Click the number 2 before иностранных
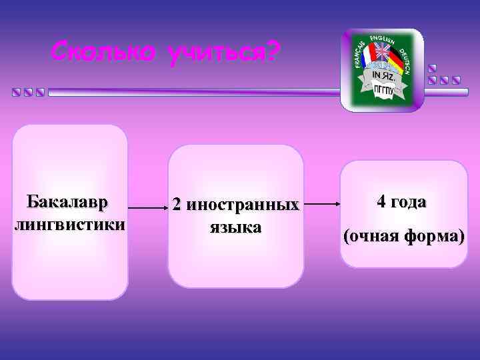point(177,205)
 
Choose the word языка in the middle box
point(235,227)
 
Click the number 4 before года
point(381,202)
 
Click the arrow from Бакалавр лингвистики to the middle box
point(146,207)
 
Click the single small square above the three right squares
point(432,68)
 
